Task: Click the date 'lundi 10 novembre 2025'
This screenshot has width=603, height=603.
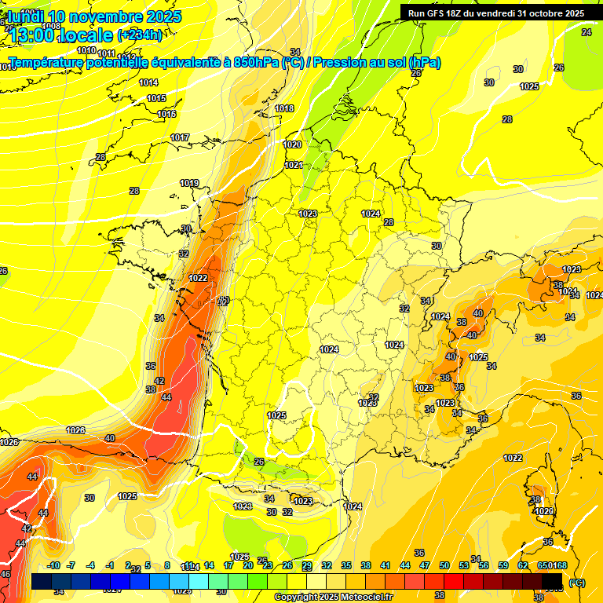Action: [94, 16]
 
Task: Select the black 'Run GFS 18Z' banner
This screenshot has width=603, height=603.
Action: [495, 13]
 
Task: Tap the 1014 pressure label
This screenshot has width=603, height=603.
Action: [148, 82]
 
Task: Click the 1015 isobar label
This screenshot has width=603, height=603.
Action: [156, 98]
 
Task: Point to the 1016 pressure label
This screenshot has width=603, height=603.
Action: [166, 114]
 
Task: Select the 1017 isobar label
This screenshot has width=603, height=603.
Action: [180, 137]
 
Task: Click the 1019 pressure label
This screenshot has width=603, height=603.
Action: [189, 183]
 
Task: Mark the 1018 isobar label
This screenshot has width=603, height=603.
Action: [284, 108]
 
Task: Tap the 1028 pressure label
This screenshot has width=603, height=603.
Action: [75, 430]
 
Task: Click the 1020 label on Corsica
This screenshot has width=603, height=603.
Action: [544, 511]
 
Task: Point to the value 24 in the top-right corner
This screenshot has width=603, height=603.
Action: [586, 32]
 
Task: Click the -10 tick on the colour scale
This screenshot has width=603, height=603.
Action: [53, 565]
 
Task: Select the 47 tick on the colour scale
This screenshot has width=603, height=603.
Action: [425, 565]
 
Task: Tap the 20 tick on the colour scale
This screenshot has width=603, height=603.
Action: [247, 565]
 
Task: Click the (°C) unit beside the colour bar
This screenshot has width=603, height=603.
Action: [576, 583]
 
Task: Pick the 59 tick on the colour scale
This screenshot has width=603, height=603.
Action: [503, 565]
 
